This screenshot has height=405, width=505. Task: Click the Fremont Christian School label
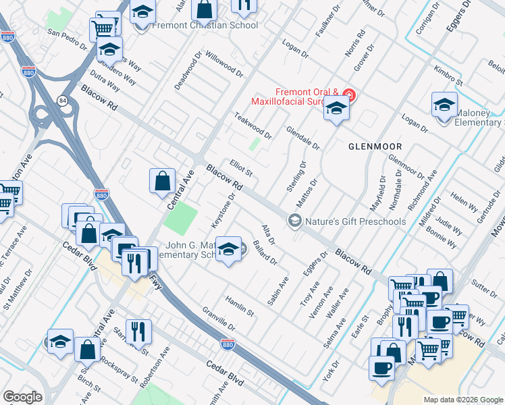click(x=205, y=26)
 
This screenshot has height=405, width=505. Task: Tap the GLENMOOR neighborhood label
click(x=375, y=146)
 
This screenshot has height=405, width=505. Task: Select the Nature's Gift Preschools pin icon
click(x=294, y=221)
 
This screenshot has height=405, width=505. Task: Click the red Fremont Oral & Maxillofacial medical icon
click(x=348, y=93)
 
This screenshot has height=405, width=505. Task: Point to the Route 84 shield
click(x=62, y=101)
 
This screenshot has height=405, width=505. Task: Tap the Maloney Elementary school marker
click(x=444, y=107)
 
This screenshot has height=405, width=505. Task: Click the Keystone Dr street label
click(x=225, y=211)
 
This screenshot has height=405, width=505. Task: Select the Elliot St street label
click(x=240, y=167)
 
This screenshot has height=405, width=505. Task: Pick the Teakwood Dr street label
click(x=252, y=125)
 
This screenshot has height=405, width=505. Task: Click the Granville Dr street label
click(x=217, y=319)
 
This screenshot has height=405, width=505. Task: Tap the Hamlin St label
click(x=239, y=307)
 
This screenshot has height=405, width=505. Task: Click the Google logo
click(x=22, y=397)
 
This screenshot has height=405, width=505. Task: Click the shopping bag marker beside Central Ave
click(x=163, y=181)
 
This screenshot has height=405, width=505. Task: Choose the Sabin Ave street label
click(x=277, y=291)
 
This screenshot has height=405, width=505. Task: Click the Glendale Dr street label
click(x=302, y=137)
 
